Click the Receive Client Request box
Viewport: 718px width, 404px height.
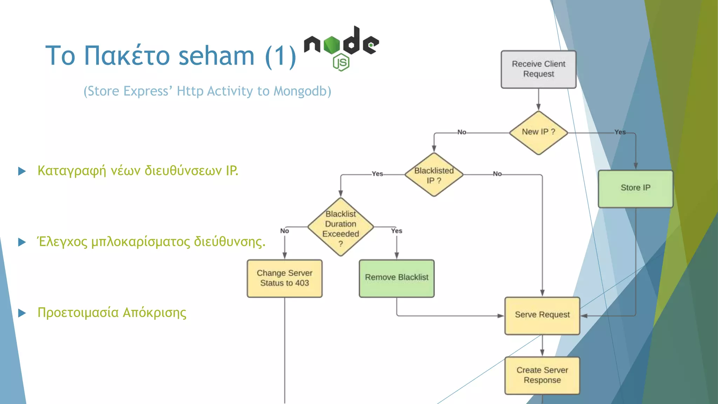click(538, 69)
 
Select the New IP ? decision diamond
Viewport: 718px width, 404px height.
click(538, 133)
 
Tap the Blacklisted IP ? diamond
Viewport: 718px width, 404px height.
click(434, 175)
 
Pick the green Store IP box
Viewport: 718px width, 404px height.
click(635, 189)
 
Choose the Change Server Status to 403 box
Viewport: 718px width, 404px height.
click(284, 278)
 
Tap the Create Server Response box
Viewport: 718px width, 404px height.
click(542, 375)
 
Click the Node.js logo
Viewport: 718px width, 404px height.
click(341, 47)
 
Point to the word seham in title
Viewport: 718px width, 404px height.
click(216, 56)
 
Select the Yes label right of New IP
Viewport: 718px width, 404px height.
click(620, 132)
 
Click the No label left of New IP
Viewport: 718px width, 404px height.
click(462, 132)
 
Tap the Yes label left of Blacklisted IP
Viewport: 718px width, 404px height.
click(377, 174)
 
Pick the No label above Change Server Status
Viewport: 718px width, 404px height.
click(284, 231)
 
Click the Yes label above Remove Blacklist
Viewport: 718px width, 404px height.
click(397, 231)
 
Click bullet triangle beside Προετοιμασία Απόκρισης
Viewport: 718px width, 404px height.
click(22, 313)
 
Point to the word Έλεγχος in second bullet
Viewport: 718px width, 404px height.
click(62, 242)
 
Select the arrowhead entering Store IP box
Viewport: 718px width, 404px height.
click(636, 166)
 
